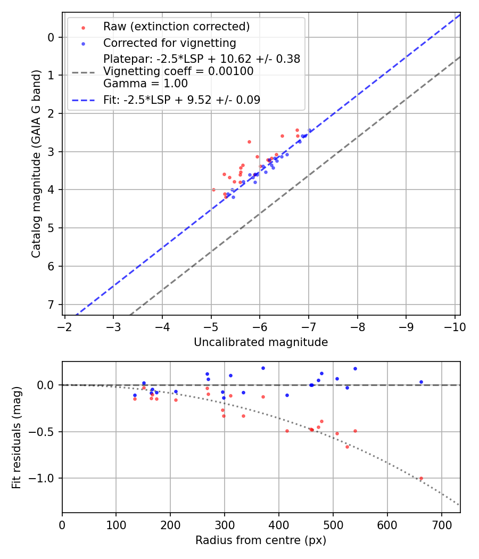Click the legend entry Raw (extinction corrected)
point(176,27)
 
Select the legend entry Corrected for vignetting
point(169,43)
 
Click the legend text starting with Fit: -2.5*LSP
point(181,100)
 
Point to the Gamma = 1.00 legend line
point(145,83)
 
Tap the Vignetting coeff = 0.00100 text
point(178,71)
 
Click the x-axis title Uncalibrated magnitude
point(261,342)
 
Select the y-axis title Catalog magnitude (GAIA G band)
point(36,174)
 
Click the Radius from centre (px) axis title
point(261,540)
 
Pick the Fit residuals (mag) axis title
point(16,437)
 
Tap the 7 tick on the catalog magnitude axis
point(52,305)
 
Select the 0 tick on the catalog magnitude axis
point(52,37)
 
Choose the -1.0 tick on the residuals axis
point(43,478)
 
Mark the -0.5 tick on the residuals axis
point(43,432)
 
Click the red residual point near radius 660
point(421,478)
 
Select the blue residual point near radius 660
point(421,382)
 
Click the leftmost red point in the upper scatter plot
point(213,190)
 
